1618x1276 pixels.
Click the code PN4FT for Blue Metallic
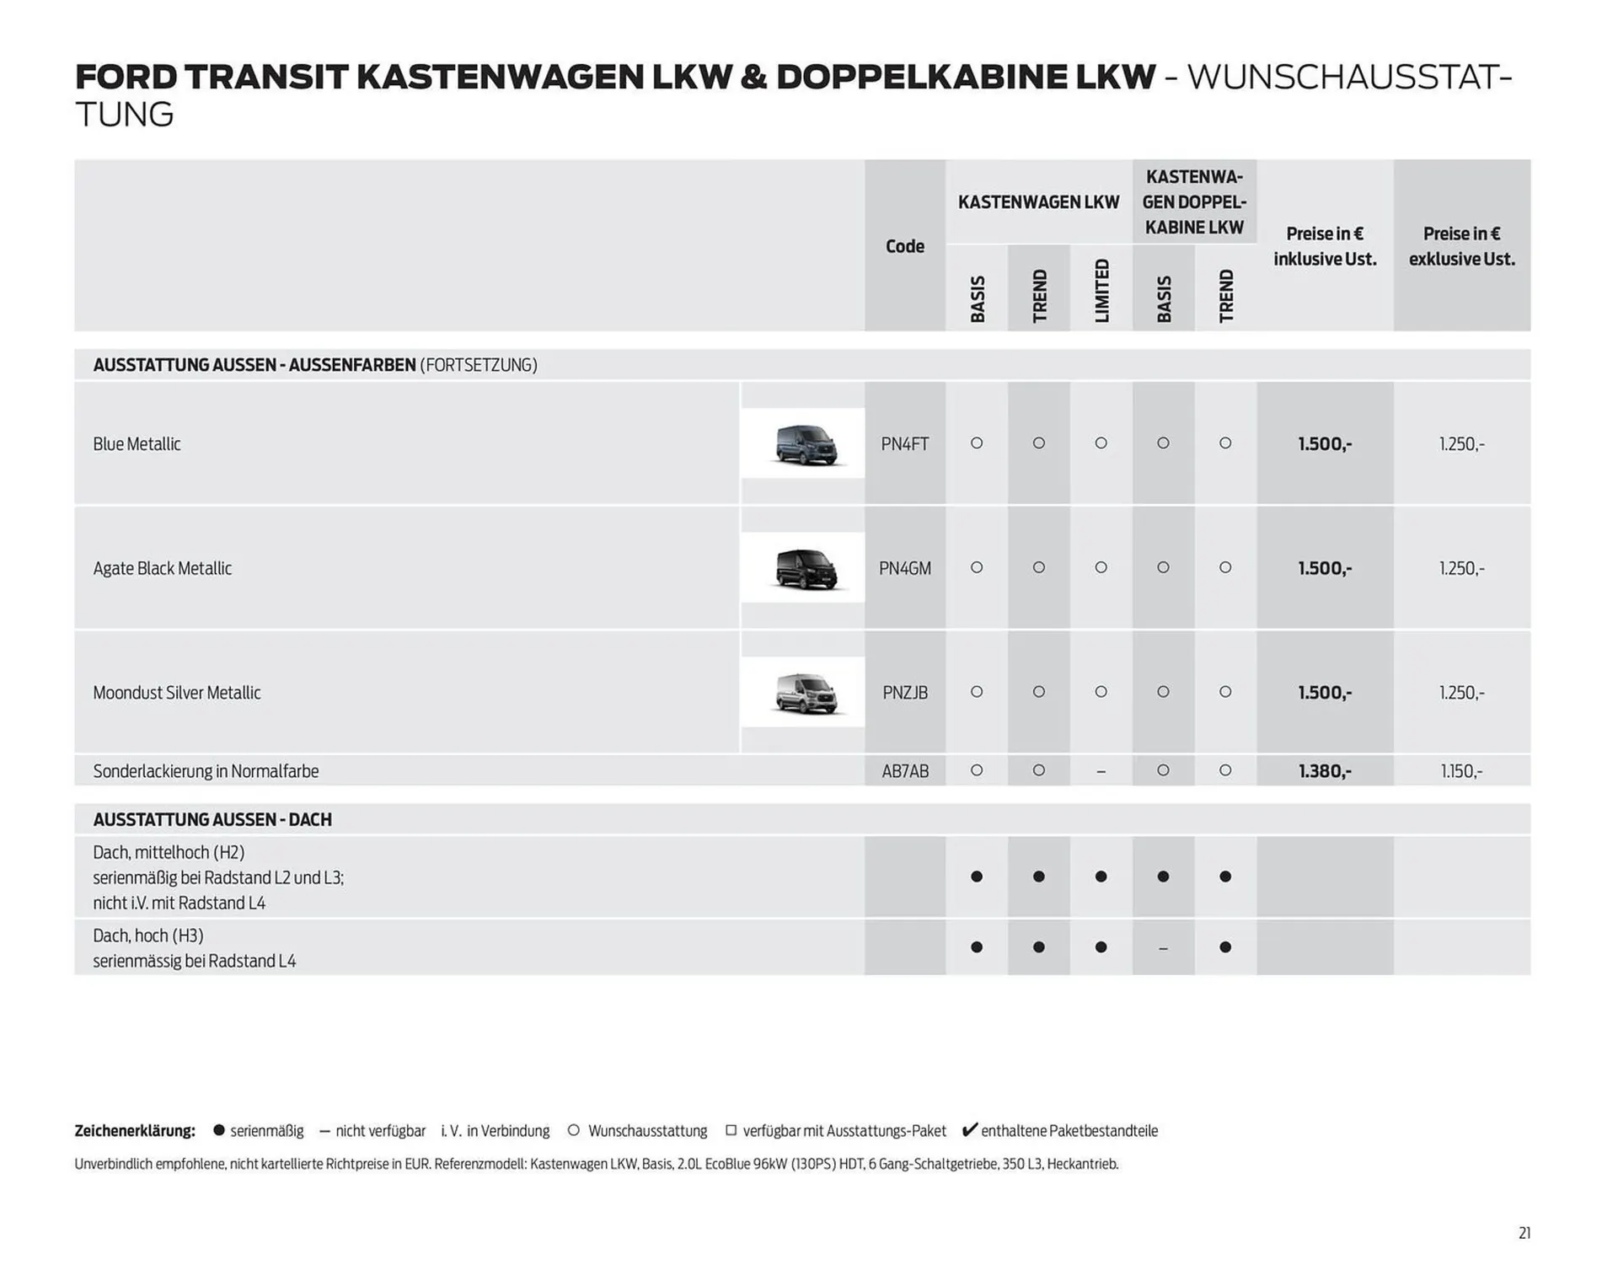tap(904, 444)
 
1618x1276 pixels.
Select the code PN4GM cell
tap(904, 569)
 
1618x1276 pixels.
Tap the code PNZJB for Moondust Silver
tap(904, 693)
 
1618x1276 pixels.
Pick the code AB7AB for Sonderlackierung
tap(904, 771)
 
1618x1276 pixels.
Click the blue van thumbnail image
tap(806, 444)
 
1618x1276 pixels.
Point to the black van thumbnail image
tap(806, 569)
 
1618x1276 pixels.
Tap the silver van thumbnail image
tap(806, 693)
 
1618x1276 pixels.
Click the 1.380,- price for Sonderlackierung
tap(1325, 771)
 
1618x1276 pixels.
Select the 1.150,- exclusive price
tap(1461, 771)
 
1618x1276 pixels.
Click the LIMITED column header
tap(1101, 291)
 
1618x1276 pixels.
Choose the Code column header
tap(904, 246)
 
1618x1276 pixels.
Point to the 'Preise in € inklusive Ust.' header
tap(1325, 246)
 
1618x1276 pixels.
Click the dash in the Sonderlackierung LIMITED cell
tap(1101, 772)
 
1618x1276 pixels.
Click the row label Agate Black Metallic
tap(162, 569)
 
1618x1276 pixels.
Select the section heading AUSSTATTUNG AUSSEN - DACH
tap(212, 820)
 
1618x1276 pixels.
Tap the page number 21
tap(1524, 1233)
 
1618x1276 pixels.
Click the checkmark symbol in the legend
tap(969, 1130)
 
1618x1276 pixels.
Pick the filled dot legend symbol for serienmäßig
tap(219, 1130)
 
